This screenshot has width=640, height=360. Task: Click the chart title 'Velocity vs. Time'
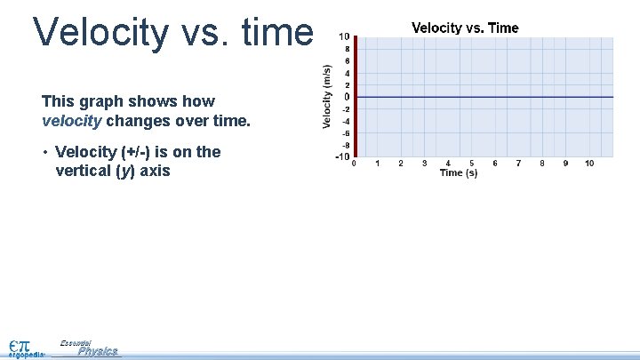point(465,28)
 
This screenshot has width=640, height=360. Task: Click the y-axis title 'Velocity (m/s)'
point(327,96)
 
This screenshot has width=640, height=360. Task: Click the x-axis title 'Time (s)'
point(459,172)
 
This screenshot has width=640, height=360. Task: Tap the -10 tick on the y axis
point(341,157)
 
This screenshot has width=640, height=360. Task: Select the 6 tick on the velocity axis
point(346,60)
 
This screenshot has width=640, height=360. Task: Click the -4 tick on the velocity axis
point(345,121)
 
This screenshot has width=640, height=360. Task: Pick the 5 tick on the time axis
point(472,164)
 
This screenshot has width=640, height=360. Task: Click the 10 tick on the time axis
point(589,164)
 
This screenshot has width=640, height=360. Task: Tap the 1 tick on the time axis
point(378,164)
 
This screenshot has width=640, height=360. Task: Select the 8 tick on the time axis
point(542,164)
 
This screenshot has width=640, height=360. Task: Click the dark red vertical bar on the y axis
point(355,97)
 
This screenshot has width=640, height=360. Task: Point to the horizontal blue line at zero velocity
point(484,97)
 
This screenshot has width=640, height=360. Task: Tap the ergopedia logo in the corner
point(25,347)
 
